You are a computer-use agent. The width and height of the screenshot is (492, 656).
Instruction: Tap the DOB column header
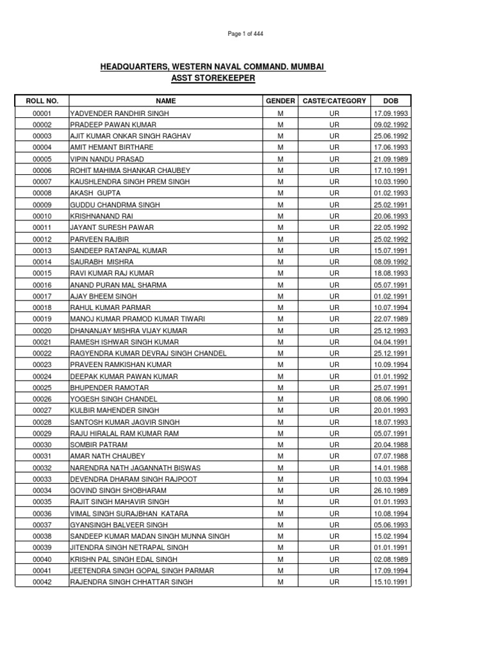click(391, 101)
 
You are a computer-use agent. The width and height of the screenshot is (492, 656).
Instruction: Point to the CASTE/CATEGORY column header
click(334, 101)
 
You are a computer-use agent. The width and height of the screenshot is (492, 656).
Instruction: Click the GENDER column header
click(280, 101)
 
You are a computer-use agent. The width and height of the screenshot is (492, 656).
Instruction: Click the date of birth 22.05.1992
click(391, 227)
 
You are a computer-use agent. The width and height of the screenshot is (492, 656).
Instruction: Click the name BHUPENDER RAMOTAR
click(108, 388)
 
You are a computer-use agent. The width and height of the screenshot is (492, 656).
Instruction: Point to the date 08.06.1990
click(391, 400)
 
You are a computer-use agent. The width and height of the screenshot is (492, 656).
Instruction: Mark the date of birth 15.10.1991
click(391, 582)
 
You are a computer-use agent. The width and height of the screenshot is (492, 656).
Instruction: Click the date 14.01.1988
click(391, 468)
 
